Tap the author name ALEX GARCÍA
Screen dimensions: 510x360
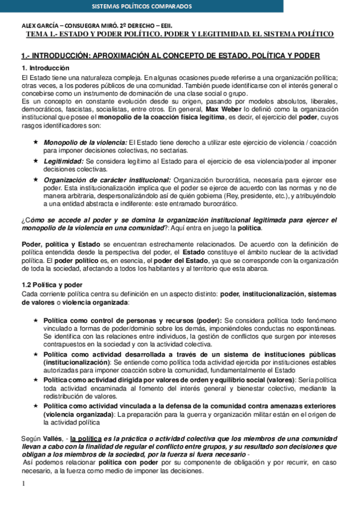coord(41,26)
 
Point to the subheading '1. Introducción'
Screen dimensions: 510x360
coord(45,69)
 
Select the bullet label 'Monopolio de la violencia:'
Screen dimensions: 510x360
coord(85,141)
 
